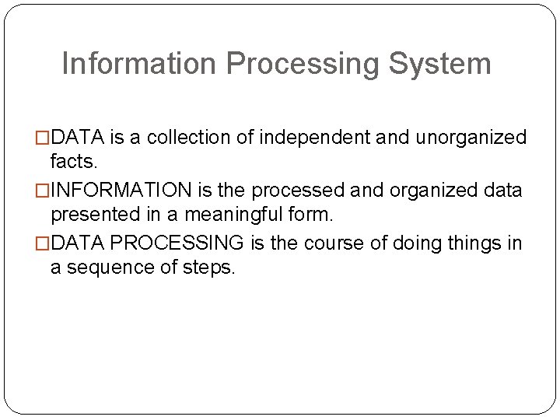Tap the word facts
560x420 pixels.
click(x=74, y=163)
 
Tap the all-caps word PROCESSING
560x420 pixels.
click(x=178, y=244)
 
